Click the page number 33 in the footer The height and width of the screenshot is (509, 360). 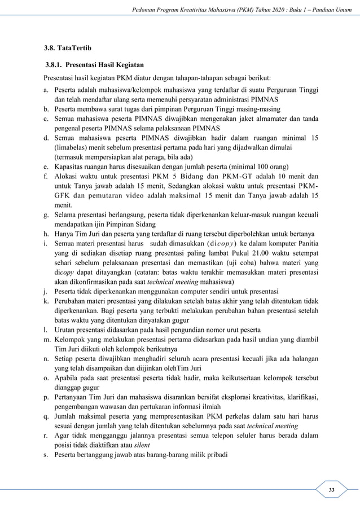pos(332,489)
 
